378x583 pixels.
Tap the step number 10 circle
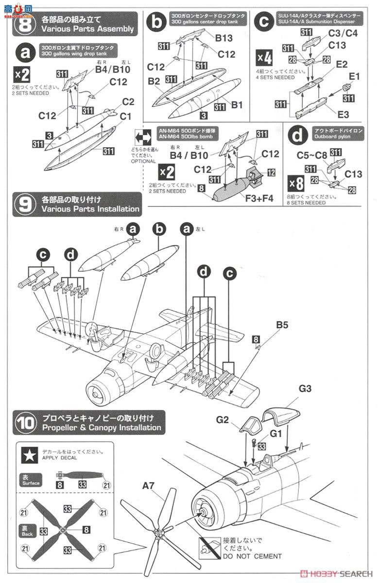click(x=24, y=423)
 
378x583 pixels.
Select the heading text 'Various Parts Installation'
click(x=90, y=209)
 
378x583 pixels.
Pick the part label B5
click(x=283, y=325)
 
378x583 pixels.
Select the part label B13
click(x=224, y=37)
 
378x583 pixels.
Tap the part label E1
click(x=354, y=76)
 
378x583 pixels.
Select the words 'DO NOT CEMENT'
click(x=252, y=556)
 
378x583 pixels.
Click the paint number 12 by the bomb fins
click(x=271, y=172)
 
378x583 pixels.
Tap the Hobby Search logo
click(x=336, y=573)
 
